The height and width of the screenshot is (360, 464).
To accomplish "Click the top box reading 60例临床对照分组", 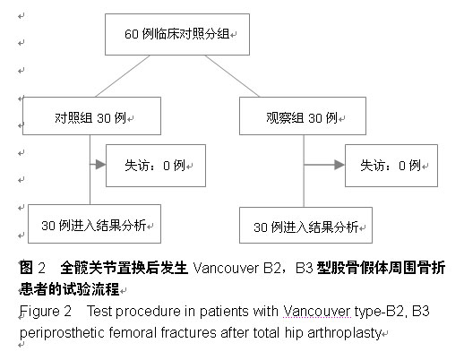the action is coord(177,34).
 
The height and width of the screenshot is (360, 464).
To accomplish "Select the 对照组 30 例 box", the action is coord(91,116).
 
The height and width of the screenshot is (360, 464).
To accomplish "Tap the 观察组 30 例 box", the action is coord(303,116).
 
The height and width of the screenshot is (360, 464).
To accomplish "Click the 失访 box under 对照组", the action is coord(156,166).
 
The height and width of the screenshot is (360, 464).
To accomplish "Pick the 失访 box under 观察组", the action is coord(391,166).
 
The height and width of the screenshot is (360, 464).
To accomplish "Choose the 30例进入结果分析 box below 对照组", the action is coord(94,224).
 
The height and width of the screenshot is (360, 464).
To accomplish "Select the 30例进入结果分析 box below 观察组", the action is coord(305,225).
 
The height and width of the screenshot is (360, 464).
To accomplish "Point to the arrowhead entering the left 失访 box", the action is coord(100,164).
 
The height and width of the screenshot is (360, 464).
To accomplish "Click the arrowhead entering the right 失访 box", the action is coord(339,165).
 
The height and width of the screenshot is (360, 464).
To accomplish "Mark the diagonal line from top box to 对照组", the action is coord(123,76).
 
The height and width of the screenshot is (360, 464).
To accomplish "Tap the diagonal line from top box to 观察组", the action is coord(232,76).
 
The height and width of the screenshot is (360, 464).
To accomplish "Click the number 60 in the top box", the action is coord(132,34).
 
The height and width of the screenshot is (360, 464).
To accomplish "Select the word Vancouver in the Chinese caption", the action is coord(226,268).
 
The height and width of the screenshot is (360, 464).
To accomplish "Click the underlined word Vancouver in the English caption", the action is coord(317,311).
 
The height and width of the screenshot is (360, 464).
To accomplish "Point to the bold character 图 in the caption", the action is coord(26,268).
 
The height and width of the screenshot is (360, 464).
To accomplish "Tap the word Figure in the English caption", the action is coord(39,312).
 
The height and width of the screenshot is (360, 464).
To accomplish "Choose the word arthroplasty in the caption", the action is coord(345,333).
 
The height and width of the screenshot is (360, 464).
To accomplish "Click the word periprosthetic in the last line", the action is coord(62,333).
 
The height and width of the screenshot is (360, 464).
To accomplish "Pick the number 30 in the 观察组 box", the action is coord(314,118).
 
